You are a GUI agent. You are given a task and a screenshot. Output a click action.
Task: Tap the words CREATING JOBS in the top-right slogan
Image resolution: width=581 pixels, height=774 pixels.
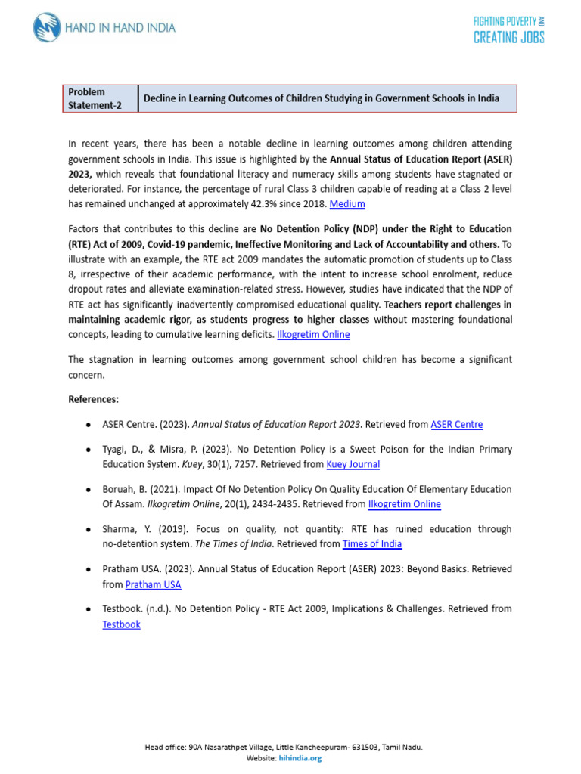[508, 37]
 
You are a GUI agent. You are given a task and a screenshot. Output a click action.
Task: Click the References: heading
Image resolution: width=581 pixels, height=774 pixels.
[93, 399]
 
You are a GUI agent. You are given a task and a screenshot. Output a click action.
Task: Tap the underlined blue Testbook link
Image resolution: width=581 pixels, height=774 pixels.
[121, 624]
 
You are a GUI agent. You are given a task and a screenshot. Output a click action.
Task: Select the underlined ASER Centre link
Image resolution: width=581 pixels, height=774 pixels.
[456, 424]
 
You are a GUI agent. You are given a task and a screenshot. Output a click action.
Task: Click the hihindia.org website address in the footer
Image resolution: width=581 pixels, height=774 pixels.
[300, 758]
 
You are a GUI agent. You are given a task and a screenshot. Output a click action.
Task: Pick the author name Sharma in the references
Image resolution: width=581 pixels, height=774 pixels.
[119, 529]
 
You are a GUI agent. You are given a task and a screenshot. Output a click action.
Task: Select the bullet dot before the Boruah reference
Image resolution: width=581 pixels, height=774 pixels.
[90, 490]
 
